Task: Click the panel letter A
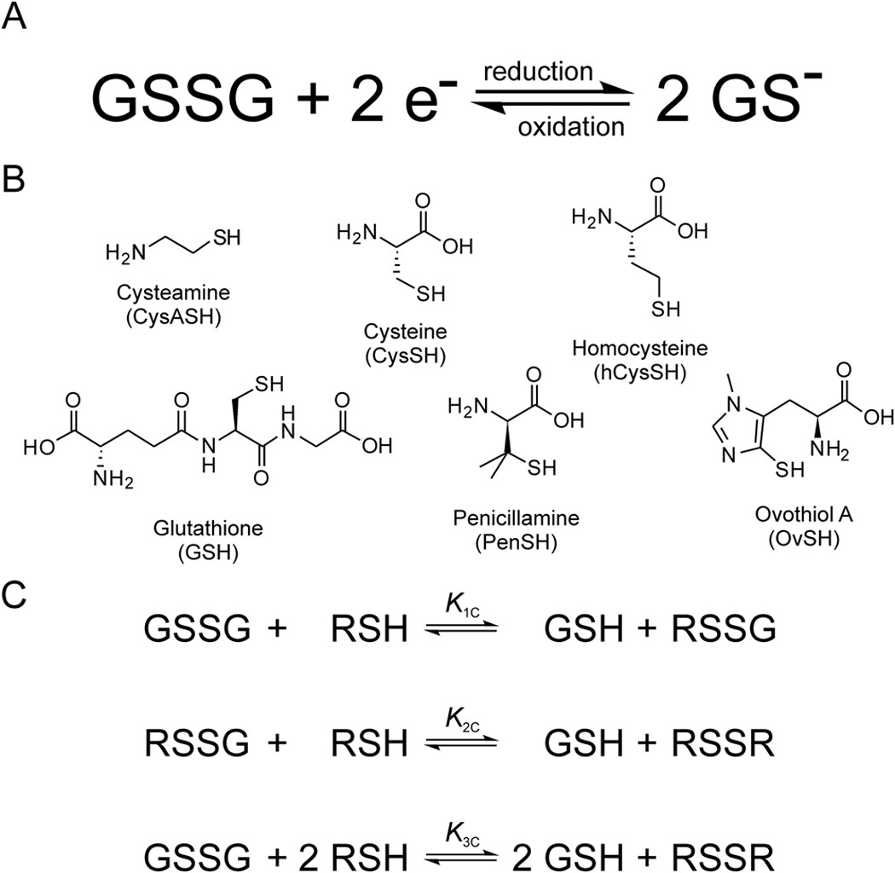click(19, 18)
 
